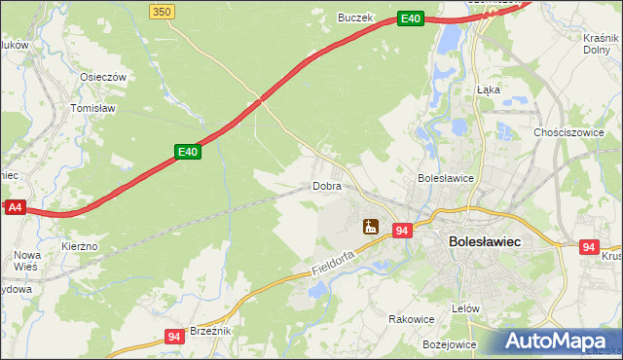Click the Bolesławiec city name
coord(485,240)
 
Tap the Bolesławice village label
coord(445,178)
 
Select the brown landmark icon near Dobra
coord(370,228)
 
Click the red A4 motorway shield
coord(14,207)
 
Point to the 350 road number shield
coord(163,11)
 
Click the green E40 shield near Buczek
coord(411,18)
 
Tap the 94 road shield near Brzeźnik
coord(174,337)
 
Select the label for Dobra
coord(325,185)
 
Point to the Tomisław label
coord(94,109)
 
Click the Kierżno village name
coord(80,247)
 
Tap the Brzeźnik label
coord(209,331)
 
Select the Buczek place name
coord(354,18)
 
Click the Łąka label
coord(489,89)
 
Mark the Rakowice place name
coord(411,318)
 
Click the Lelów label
coord(466,308)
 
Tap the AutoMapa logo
coord(561,341)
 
